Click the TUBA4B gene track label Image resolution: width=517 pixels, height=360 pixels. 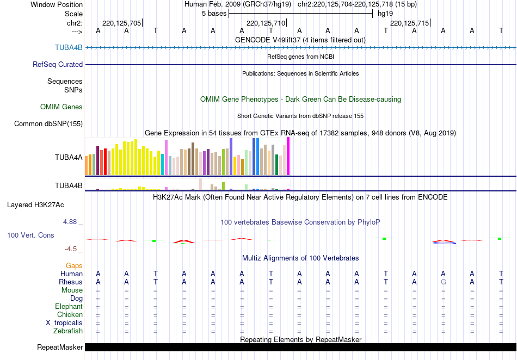pos(69,47)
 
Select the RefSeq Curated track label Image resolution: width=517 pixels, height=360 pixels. pos(58,64)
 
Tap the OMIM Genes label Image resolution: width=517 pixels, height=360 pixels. pos(61,107)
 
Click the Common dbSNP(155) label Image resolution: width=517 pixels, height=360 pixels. pos(48,124)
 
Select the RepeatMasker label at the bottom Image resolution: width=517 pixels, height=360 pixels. pos(60,347)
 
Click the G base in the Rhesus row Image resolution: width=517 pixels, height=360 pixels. pos(444,282)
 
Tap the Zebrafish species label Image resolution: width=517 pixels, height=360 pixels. pos(68,331)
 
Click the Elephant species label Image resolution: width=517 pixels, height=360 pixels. pos(69,306)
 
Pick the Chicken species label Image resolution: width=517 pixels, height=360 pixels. pos(70,314)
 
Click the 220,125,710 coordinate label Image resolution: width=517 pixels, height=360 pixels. pos(266,23)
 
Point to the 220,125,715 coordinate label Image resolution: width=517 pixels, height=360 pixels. pos(410,23)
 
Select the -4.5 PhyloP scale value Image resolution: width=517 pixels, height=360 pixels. pos(71,249)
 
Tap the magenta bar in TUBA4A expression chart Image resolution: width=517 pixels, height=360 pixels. pos(288,157)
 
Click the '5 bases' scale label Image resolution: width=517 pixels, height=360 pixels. pos(213,13)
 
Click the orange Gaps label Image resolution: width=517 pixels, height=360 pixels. pos(74,265)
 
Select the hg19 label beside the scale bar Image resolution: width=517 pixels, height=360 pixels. pos(385,13)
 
